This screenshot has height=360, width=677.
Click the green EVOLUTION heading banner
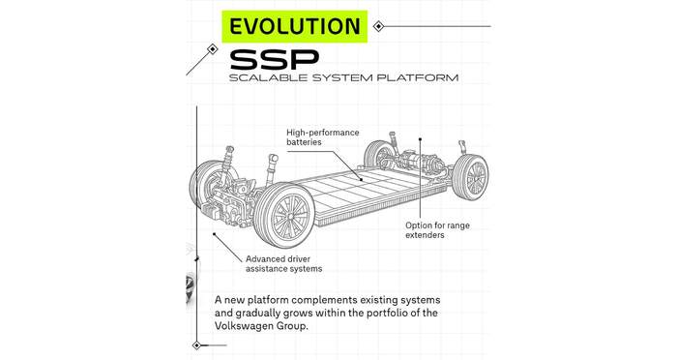pos(294,26)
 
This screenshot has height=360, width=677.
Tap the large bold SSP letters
pos(275,60)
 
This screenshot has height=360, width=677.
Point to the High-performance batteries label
pos(322,137)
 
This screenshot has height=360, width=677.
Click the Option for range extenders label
pos(437,230)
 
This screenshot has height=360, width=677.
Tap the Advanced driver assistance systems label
pos(283,263)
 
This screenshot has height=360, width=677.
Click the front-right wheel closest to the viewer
pos(284,215)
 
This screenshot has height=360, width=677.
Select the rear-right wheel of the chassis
pos(471,176)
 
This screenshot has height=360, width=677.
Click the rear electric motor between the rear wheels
pos(418,162)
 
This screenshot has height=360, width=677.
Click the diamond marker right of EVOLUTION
pos(378,26)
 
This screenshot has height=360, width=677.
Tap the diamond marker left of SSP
pos(212,48)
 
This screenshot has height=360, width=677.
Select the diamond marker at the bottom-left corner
pos(197,345)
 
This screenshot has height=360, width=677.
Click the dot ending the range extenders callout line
pos(420,139)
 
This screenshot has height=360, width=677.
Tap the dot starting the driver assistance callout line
pos(214,234)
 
